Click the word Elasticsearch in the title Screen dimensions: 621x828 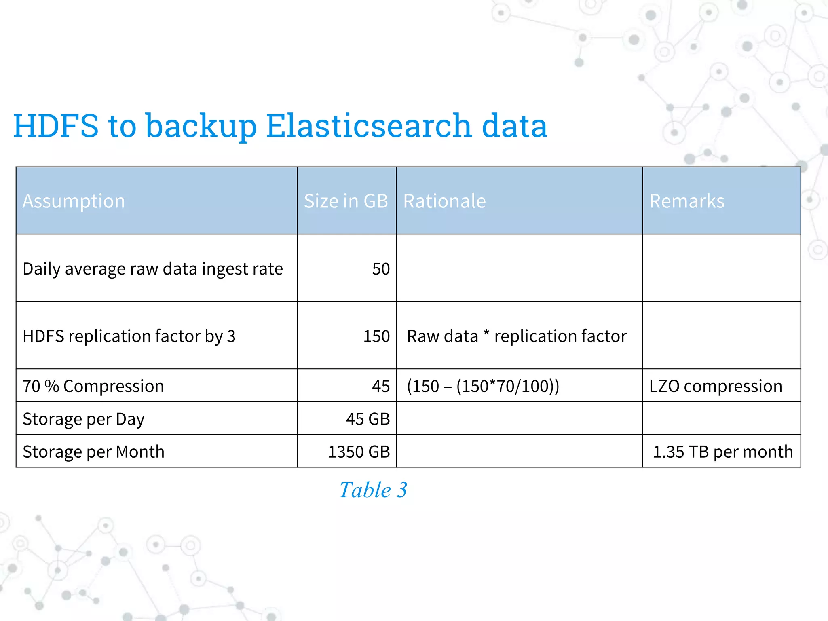coord(369,126)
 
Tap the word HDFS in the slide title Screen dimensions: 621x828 coord(56,126)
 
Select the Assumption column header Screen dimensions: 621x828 coord(74,201)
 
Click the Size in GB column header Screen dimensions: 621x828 coord(346,201)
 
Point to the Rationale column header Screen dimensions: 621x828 coord(444,201)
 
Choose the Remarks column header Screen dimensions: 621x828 coord(686,201)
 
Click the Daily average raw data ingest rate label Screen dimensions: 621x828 coord(152,269)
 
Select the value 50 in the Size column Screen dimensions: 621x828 coord(381,269)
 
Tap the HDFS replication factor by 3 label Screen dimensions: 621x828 coord(129,336)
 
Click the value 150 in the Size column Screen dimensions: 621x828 coord(376,336)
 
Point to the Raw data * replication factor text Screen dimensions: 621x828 coord(517,336)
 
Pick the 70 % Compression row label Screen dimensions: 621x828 coord(93,386)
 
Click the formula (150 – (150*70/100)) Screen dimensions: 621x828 coord(483,386)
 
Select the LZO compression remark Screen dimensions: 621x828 coord(716,386)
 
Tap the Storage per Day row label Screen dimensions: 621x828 coord(83,419)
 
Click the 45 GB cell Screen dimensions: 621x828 coord(368,419)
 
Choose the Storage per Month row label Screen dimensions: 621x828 coord(93,452)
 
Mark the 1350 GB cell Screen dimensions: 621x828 coord(359,452)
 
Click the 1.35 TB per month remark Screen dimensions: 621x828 coord(723,452)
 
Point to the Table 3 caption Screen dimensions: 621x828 coord(373,490)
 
